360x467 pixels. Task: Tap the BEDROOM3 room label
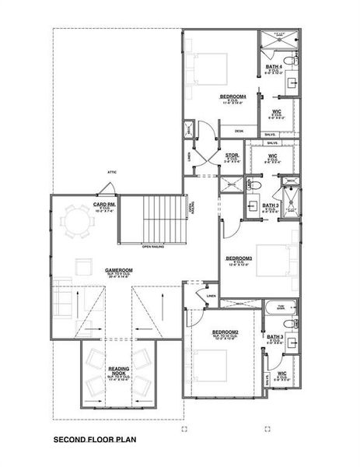239,258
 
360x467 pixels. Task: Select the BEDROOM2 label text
225,332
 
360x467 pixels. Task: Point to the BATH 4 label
273,68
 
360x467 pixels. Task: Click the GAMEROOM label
120,271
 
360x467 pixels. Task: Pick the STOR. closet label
232,155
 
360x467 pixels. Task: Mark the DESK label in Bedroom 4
239,132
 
